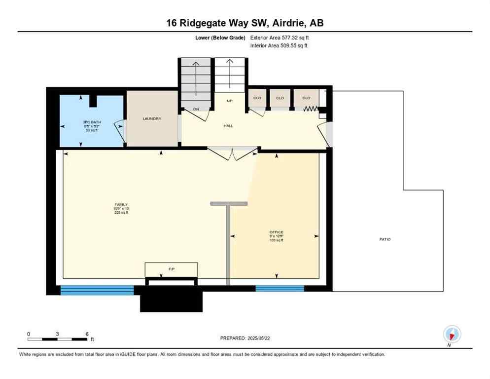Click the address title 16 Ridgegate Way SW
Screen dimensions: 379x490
click(245, 23)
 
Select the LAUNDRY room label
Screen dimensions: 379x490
click(152, 119)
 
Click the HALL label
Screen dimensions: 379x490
click(228, 126)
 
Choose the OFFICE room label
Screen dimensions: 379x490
click(276, 232)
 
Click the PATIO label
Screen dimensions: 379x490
click(385, 239)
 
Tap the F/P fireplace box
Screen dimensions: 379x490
click(171, 269)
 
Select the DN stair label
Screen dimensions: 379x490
click(196, 109)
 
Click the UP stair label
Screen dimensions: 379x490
click(229, 101)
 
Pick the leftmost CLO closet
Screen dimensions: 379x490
click(257, 98)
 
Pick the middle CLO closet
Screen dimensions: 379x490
click(280, 98)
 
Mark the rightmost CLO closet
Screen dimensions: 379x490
click(306, 98)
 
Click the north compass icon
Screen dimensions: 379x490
click(452, 334)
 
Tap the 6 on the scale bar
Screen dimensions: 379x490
click(87, 334)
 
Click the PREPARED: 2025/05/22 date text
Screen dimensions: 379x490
click(245, 338)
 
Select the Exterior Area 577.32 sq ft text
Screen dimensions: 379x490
click(280, 38)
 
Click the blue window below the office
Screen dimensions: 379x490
click(273, 289)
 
